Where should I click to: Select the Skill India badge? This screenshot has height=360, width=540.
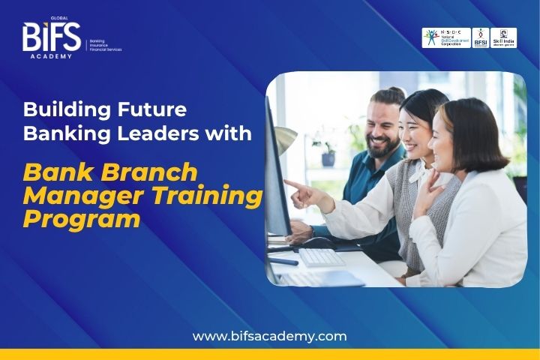504,38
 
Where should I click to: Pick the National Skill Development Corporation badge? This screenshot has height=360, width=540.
446,38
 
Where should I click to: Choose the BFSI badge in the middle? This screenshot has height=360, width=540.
481,38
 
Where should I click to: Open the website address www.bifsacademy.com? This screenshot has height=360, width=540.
269,336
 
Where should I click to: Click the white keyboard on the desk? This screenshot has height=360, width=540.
321,257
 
